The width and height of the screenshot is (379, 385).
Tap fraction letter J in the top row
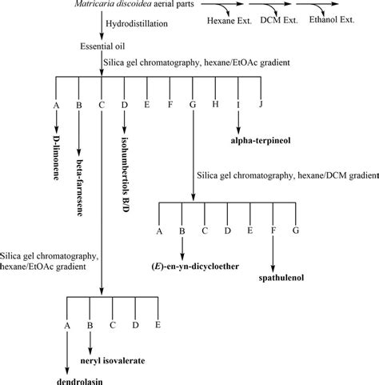coord(261,105)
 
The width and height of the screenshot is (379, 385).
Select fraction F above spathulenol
coord(273,231)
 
